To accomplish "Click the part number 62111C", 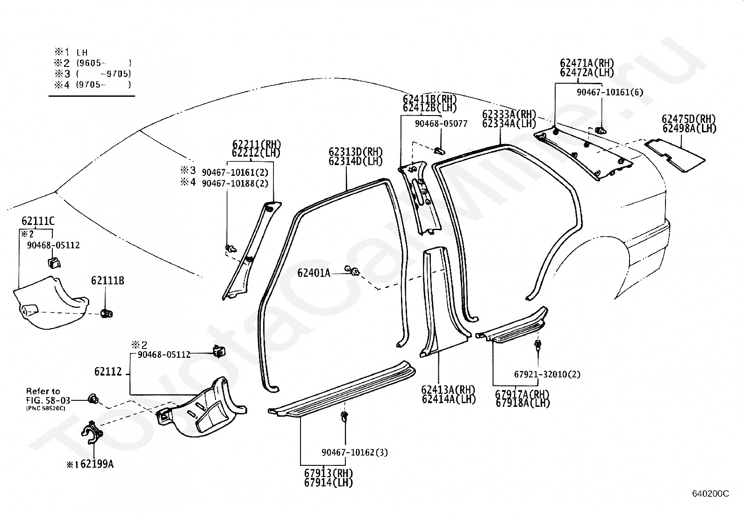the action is [38, 221].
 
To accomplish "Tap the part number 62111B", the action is [107, 281].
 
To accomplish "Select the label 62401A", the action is [314, 273].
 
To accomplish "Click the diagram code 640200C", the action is [710, 493].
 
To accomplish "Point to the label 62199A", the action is [93, 464].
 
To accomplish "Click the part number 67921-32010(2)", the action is [547, 374].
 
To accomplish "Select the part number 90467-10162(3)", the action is [355, 452].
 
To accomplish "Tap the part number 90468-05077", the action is [441, 123].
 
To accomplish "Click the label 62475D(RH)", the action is [689, 119].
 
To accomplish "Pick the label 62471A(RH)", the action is [587, 63].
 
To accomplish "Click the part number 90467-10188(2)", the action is [235, 183].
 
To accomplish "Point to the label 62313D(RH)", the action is [356, 152].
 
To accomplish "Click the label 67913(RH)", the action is [329, 473].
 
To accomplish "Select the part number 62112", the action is [108, 371].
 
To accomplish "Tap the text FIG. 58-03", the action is [49, 400].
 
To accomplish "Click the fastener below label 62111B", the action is [106, 313].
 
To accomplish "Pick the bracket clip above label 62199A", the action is [92, 433].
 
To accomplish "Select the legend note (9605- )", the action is [104, 63].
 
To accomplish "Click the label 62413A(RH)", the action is [448, 389].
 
